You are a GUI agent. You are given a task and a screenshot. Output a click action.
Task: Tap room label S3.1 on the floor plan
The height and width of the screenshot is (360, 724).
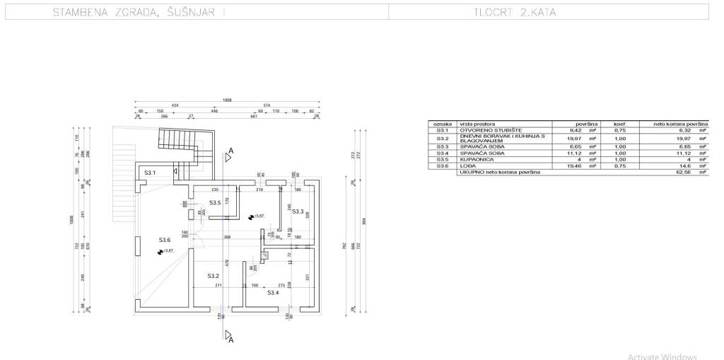tap(150, 173)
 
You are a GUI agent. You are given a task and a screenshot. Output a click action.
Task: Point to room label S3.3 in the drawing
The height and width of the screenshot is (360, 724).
tap(298, 211)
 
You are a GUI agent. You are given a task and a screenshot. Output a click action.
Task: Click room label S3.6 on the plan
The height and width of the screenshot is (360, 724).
tap(165, 240)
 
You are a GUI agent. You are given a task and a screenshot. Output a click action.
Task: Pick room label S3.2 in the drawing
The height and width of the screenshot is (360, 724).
tap(214, 275)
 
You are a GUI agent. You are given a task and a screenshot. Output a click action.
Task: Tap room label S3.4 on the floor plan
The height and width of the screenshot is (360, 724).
tap(272, 292)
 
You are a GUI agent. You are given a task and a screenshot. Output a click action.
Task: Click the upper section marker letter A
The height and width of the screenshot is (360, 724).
tap(230, 151)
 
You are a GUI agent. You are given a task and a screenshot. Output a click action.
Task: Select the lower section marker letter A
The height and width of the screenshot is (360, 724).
tap(230, 340)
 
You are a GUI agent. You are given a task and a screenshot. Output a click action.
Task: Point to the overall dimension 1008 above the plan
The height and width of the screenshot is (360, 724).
tap(226, 100)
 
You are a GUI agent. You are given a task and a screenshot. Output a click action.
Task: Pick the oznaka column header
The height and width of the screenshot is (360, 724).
tap(443, 124)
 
